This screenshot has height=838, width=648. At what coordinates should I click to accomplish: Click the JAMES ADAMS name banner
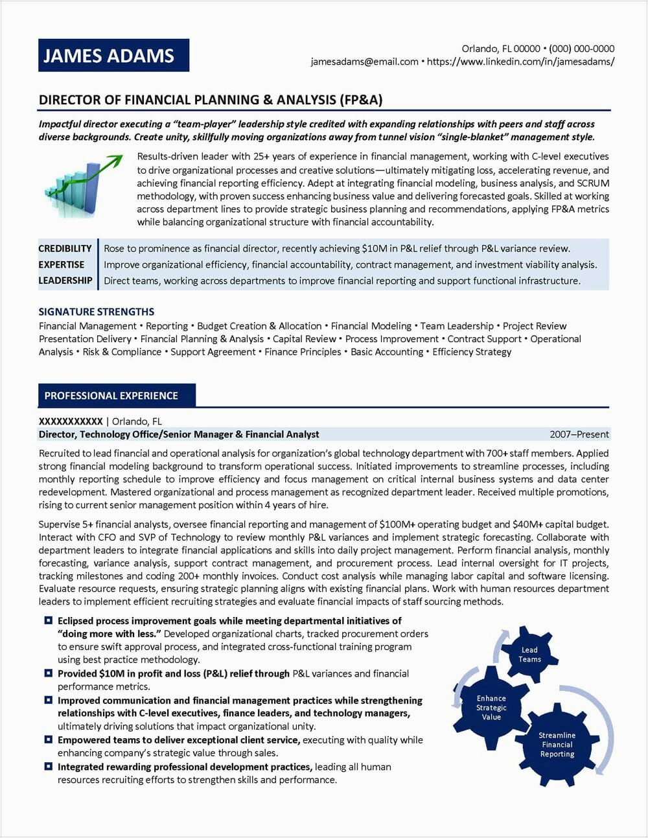(113, 55)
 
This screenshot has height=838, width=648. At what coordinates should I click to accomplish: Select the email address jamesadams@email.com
(364, 62)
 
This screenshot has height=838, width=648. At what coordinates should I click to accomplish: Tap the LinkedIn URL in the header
(520, 62)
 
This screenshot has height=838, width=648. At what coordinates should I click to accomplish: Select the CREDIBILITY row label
(65, 248)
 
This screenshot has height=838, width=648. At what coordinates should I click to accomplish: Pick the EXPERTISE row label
(62, 264)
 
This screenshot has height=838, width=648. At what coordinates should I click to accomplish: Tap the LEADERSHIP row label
(65, 281)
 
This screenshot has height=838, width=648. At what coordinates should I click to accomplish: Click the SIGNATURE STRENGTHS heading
(97, 312)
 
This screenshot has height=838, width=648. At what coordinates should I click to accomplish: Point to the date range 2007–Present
(579, 434)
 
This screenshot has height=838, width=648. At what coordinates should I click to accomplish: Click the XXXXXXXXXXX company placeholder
(71, 421)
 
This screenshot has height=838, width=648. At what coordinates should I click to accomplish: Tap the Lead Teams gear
(529, 655)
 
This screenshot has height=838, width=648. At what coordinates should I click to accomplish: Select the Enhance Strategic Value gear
(491, 708)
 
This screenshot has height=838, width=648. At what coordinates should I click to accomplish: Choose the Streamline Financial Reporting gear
(557, 745)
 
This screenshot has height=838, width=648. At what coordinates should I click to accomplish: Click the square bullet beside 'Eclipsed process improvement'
(49, 621)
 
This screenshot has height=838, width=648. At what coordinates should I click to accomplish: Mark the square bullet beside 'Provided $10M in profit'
(49, 673)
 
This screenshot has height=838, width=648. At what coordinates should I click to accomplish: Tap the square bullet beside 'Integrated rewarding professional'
(49, 767)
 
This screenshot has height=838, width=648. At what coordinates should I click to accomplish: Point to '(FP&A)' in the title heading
(361, 100)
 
